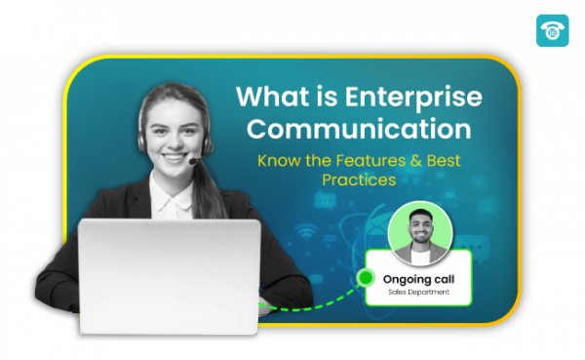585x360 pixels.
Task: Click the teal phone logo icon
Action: (x=553, y=30)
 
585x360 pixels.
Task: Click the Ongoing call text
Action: (x=418, y=279)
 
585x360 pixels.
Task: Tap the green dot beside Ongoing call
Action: (x=366, y=278)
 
